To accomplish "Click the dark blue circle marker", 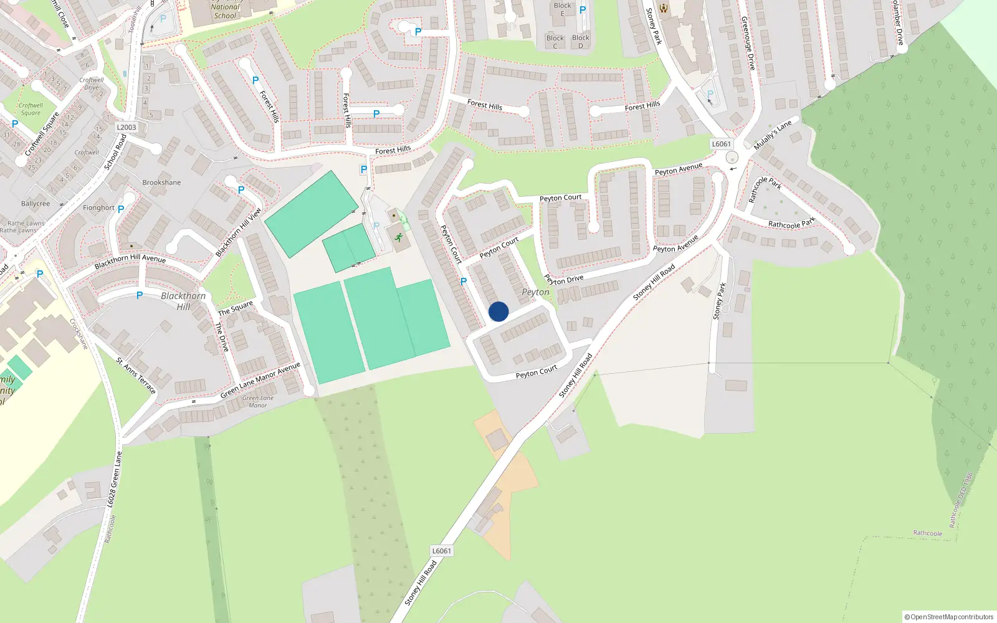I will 499,311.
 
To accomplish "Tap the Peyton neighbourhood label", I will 535,292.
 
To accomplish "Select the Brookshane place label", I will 161,183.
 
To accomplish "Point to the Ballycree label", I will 36,204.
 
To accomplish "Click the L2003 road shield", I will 126,127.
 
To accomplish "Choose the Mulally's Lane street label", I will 773,135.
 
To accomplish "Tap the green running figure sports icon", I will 398,237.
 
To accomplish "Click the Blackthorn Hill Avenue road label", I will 130,261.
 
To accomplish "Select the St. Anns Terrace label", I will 136,375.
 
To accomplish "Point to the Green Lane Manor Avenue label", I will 260,380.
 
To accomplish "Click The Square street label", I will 236,308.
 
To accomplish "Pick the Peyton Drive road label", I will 564,280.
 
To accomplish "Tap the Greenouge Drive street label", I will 748,43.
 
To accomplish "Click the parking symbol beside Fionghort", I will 121,209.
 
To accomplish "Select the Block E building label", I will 562,9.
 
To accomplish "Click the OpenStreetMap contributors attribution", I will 949,617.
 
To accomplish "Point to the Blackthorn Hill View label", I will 238,232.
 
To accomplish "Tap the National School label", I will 225,11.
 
